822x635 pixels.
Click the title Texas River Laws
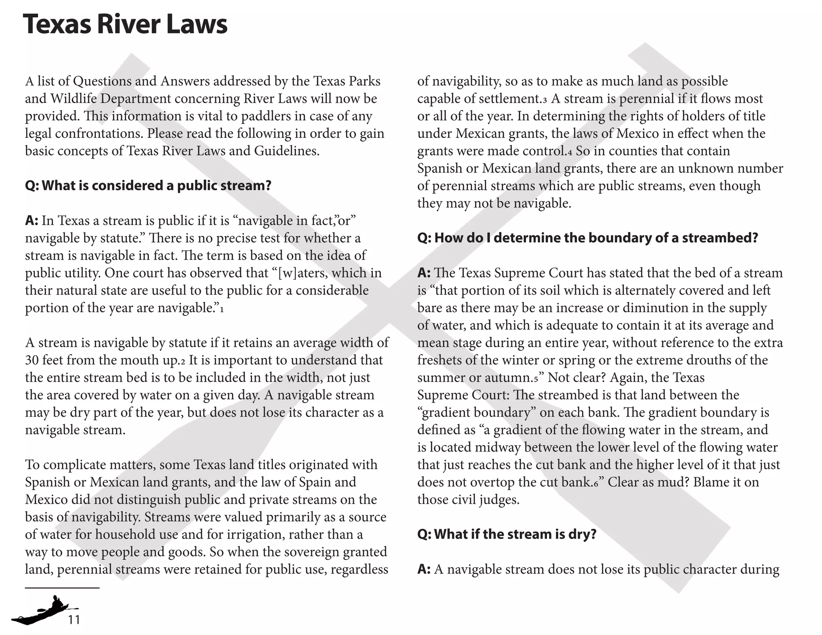click(125, 24)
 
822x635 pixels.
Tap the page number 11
click(74, 620)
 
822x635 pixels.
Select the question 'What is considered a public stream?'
click(148, 185)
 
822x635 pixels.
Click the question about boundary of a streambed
click(588, 238)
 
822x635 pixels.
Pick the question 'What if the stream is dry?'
click(507, 534)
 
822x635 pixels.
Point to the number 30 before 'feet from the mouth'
click(32, 360)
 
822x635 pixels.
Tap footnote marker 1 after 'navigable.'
click(222, 309)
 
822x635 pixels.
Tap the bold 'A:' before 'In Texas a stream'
click(32, 220)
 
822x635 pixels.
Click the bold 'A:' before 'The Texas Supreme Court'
click(424, 273)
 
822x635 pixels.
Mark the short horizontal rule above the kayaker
click(62, 588)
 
